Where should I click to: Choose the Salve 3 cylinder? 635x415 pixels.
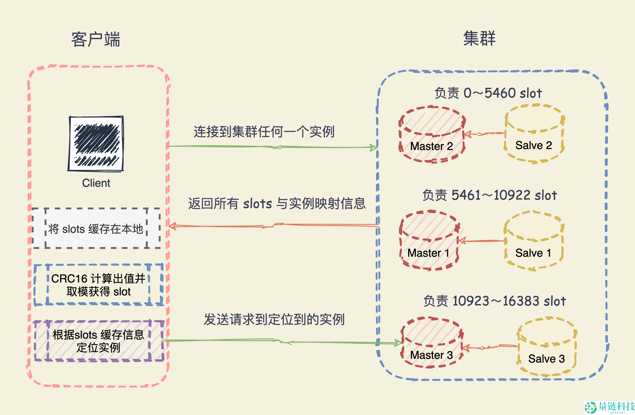(x=547, y=347)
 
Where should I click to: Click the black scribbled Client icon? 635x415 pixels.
(x=96, y=144)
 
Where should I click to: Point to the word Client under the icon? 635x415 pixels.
(x=96, y=183)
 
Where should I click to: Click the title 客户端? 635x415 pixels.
(x=95, y=40)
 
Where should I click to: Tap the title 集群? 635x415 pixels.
(x=479, y=38)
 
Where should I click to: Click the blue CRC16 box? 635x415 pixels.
(x=98, y=285)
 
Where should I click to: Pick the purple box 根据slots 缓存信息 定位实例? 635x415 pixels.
(x=98, y=341)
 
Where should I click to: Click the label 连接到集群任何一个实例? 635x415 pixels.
(x=264, y=132)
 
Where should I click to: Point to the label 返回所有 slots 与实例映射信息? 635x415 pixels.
(x=277, y=204)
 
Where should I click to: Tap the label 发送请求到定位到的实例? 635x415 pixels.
(x=274, y=320)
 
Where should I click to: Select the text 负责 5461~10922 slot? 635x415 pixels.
(x=490, y=196)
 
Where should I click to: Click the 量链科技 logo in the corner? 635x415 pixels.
(x=609, y=407)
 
